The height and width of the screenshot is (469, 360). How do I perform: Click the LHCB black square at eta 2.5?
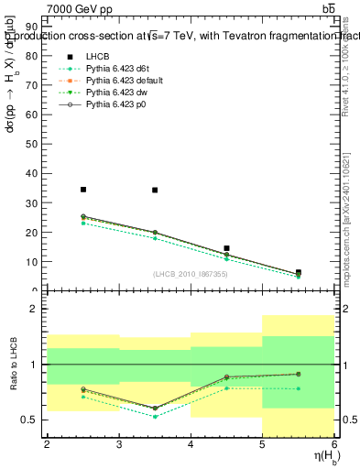tap(83, 190)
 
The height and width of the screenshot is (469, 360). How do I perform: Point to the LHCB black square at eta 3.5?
tap(155, 191)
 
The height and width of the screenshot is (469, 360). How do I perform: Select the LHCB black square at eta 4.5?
tap(226, 248)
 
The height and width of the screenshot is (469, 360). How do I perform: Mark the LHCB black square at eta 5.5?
tap(299, 272)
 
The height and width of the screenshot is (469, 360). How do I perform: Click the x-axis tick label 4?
tap(191, 444)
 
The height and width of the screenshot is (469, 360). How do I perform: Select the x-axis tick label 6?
tap(334, 444)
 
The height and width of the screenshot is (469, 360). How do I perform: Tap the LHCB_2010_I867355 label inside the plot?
tap(190, 274)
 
